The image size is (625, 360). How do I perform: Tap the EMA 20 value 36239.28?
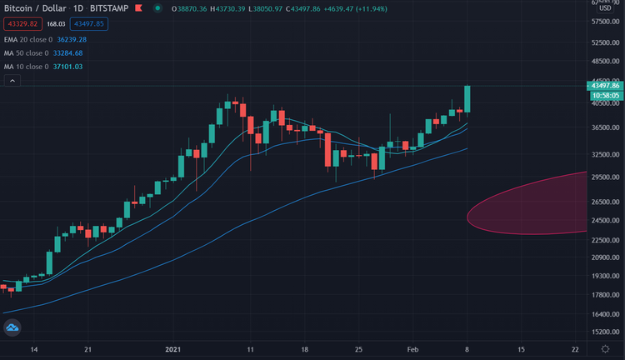click(69, 39)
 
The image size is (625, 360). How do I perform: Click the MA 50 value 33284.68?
click(69, 52)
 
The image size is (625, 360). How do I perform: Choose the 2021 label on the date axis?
click(173, 348)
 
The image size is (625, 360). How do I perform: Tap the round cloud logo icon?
click(12, 330)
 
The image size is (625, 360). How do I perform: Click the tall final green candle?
click(467, 99)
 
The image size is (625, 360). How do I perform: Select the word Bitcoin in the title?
click(19, 9)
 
